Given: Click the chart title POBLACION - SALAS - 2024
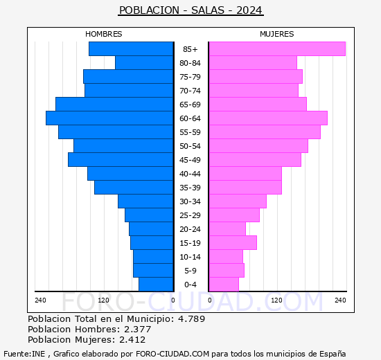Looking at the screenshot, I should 190,10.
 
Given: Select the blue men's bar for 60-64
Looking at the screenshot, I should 109,118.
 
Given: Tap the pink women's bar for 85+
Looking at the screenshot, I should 276,49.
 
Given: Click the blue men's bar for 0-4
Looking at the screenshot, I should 156,285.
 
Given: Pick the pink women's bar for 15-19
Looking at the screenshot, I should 232,243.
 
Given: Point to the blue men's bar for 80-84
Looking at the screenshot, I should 144,63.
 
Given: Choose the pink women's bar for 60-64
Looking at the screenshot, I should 267,118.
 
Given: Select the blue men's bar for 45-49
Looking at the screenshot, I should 121,160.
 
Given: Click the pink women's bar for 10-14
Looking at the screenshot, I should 225,257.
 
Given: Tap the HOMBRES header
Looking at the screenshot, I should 104,34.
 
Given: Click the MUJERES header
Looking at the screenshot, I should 276,34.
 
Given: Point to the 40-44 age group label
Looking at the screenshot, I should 190,174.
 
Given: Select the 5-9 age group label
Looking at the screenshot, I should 190,271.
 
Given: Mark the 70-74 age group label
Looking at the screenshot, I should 190,91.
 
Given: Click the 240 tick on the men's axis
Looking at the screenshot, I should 40,300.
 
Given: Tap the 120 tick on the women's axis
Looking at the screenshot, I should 276,300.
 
